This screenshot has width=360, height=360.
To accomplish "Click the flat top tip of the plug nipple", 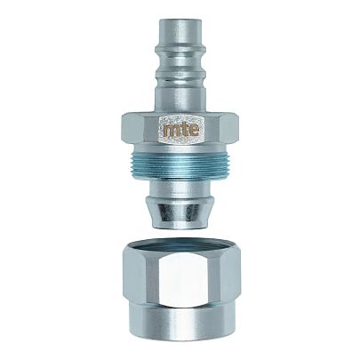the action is (180, 20).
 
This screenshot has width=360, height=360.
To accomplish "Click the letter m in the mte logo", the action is (171, 130).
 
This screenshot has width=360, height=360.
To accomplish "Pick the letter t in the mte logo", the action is (181, 129).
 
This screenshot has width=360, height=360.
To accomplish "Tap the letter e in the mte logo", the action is (192, 130).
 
